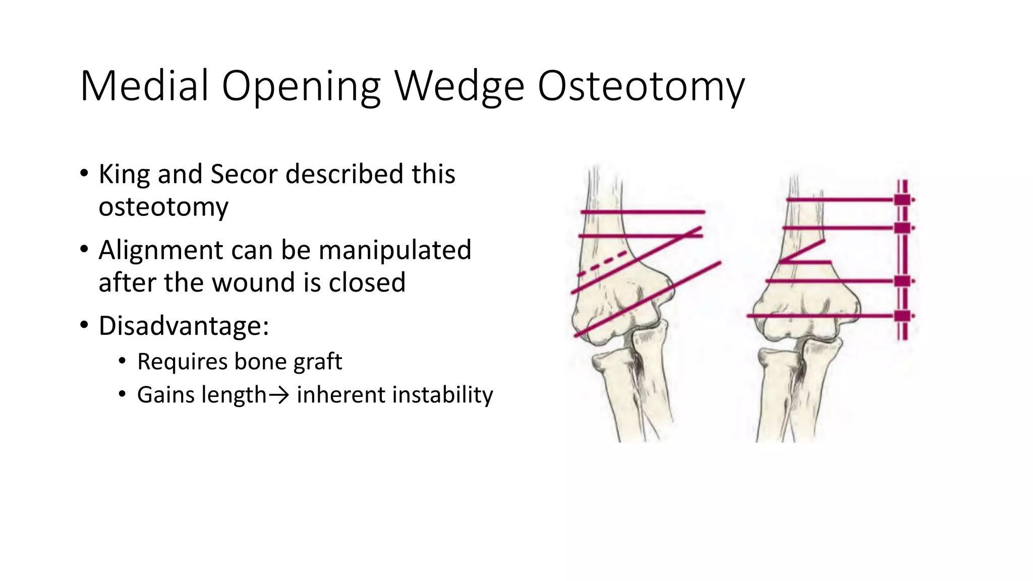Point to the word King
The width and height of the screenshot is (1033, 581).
124,174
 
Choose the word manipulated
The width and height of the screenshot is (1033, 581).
395,250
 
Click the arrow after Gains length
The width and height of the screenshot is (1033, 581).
278,395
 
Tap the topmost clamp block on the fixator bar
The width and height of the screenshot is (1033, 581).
902,200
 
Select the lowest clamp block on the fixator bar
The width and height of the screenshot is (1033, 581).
902,316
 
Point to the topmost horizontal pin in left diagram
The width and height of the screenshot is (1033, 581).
643,212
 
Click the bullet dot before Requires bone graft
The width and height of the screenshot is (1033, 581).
122,361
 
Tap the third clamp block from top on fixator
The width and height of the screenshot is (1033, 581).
902,281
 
